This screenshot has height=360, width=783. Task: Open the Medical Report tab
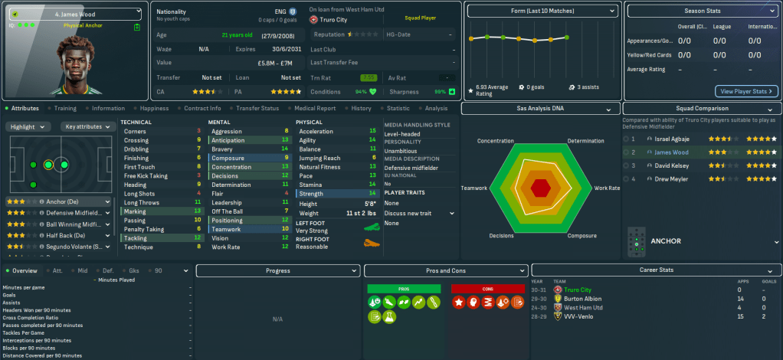coord(314,109)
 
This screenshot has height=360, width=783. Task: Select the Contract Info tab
coord(202,109)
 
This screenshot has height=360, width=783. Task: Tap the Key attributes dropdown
coord(86,126)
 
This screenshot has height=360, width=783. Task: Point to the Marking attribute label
coord(135,211)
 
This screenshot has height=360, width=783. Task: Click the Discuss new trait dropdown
coord(419,214)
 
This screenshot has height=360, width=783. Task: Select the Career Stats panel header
coord(656,270)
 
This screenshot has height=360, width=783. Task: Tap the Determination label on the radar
coord(586,141)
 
